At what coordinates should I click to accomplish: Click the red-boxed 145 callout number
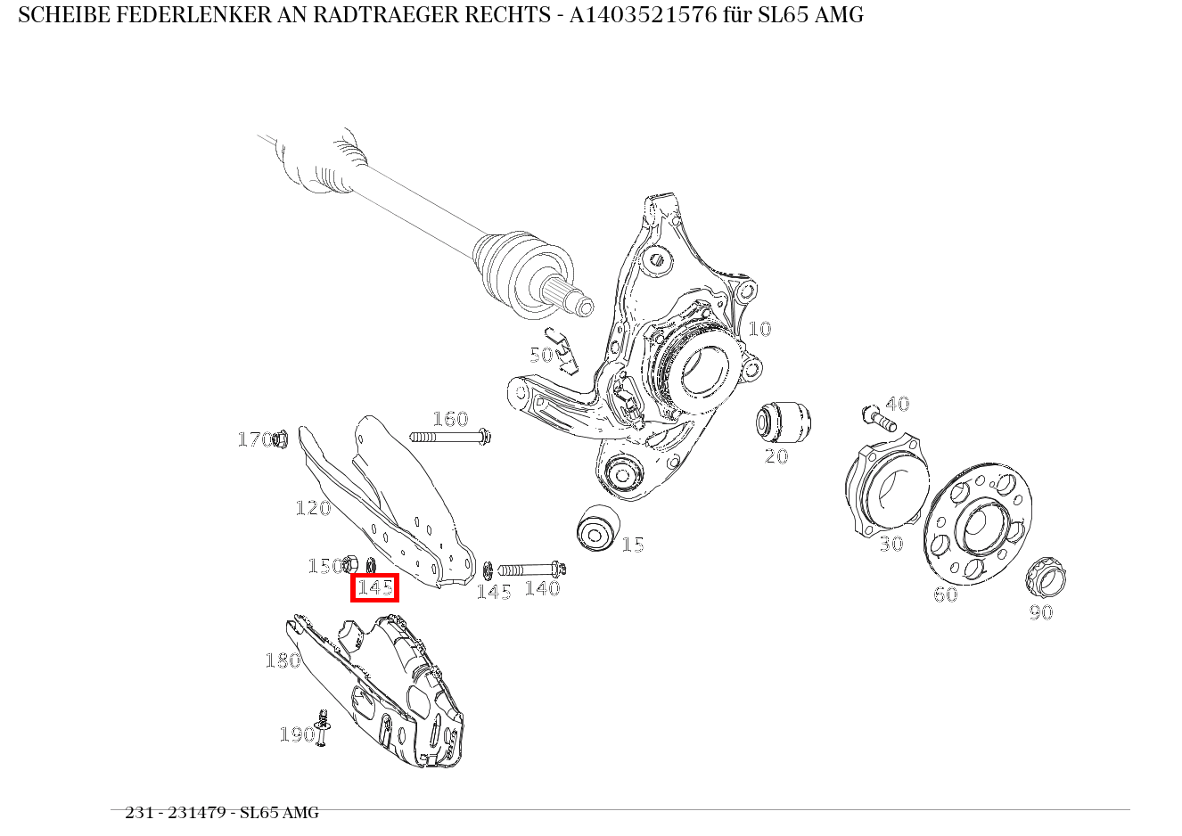374,588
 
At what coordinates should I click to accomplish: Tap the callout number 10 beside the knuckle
759,329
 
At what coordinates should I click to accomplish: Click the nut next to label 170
280,438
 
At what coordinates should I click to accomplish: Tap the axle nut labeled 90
1046,578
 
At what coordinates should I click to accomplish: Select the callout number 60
945,594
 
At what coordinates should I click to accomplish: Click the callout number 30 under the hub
891,544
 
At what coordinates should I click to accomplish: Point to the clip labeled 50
563,350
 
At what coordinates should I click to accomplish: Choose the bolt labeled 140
531,569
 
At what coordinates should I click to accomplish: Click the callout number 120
313,508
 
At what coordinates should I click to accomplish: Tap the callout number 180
283,660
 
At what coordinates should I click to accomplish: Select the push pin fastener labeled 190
322,728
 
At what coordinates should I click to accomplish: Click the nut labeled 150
350,564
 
